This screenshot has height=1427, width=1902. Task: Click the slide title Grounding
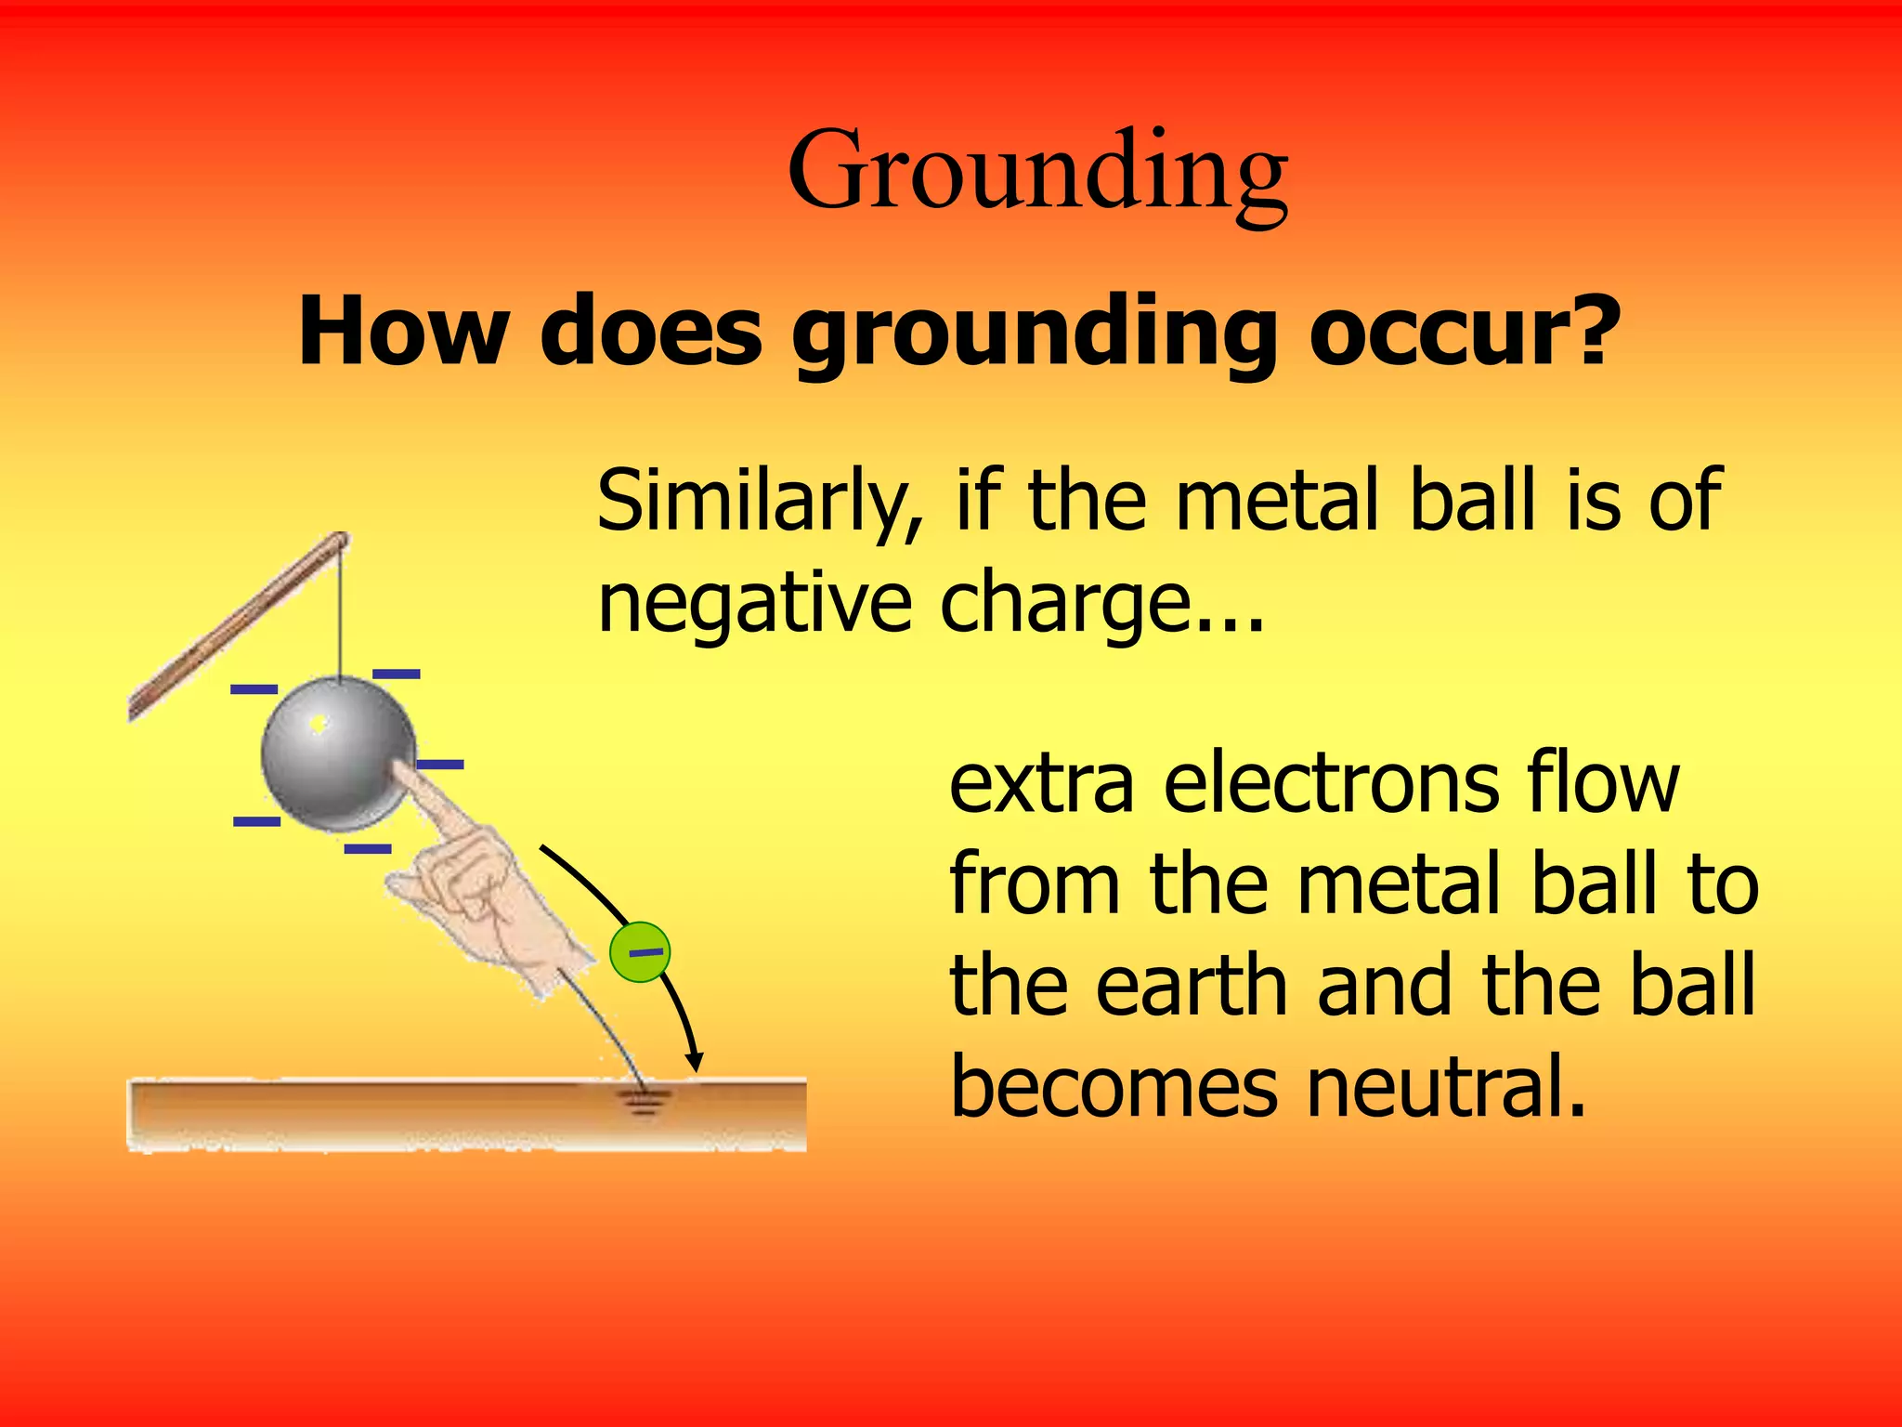[1037, 172]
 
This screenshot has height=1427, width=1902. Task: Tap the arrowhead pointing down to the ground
[694, 1062]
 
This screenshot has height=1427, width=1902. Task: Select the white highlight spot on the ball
[319, 723]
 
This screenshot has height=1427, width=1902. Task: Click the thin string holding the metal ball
[341, 613]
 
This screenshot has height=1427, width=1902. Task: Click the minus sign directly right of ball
[439, 765]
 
